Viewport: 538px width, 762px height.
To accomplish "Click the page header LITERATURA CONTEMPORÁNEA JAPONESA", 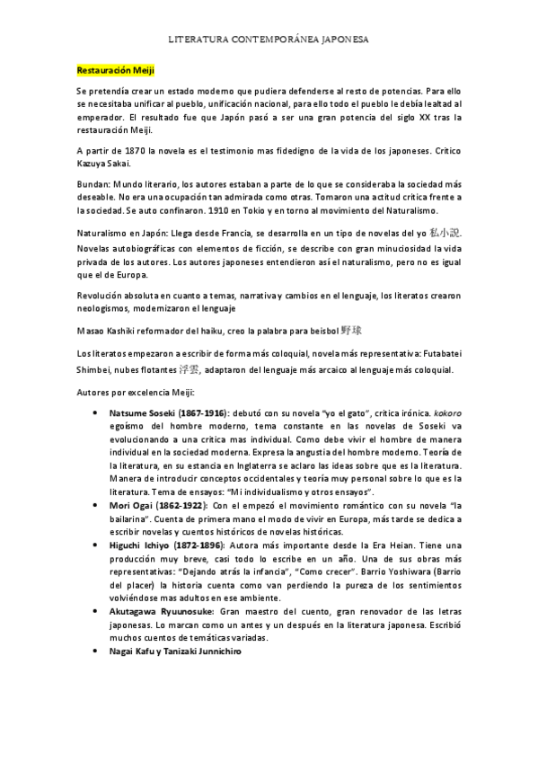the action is click(x=269, y=40).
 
